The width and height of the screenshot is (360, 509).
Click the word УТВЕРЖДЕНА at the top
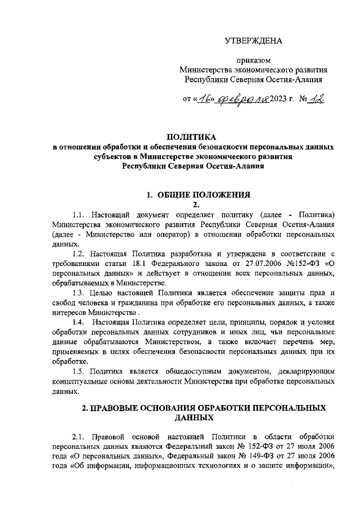pos(253,40)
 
